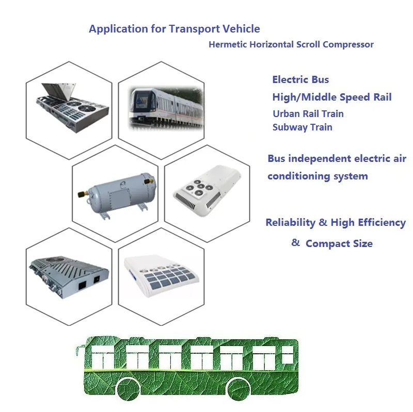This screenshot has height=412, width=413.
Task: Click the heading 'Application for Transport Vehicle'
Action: pos(174,29)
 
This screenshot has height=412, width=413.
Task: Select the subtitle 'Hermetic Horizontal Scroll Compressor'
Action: pos(291,44)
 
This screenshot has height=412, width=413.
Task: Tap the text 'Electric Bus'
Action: pos(300,79)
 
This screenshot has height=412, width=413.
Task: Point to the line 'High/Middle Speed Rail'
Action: pos(332,97)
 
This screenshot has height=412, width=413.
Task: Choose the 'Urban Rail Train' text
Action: pos(308,113)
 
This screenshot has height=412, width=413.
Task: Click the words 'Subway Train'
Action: pos(303,127)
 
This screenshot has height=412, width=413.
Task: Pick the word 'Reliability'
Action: pos(290,223)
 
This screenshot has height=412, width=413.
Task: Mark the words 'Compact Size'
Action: pos(339,243)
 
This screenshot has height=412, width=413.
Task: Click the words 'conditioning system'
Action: pos(317,176)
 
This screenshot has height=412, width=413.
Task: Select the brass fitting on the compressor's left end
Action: pos(82,194)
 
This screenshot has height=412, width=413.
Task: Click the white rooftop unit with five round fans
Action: pos(207,191)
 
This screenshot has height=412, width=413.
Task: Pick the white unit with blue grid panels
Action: pos(161,275)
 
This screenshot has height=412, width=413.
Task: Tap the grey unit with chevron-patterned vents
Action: pos(69,277)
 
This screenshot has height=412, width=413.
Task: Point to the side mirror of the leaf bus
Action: pos(78,350)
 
